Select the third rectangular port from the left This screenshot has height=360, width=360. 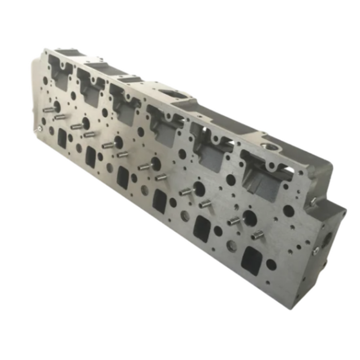[x=122, y=176]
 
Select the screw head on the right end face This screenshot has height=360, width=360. [x=316, y=250]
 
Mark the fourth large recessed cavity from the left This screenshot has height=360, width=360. [x=166, y=128]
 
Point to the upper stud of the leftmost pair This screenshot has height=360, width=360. [x=49, y=109]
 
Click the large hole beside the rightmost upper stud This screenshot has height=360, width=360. [x=250, y=218]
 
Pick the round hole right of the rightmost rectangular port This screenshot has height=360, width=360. [x=271, y=264]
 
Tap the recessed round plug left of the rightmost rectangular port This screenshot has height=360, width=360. [x=232, y=246]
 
